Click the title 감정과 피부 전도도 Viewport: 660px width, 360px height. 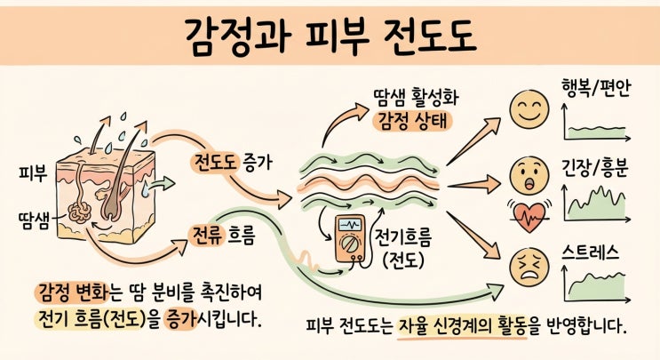330,36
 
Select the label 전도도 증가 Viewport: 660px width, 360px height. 232,163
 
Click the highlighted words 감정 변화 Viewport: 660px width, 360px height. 72,292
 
